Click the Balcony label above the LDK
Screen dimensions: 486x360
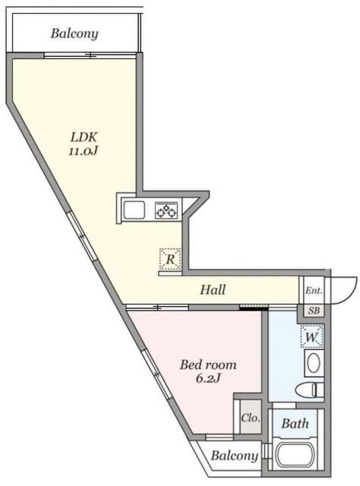tap(74, 33)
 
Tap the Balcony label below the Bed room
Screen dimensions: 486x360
tap(233, 456)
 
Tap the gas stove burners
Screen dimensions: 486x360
tap(166, 210)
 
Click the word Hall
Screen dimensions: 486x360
tap(213, 289)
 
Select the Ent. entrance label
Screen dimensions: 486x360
tap(312, 291)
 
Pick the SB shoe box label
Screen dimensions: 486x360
tap(313, 311)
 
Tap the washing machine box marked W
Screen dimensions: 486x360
tap(312, 335)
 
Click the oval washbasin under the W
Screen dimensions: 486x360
tap(312, 362)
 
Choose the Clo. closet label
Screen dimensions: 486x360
tap(248, 418)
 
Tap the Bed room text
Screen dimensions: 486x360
tap(207, 365)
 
